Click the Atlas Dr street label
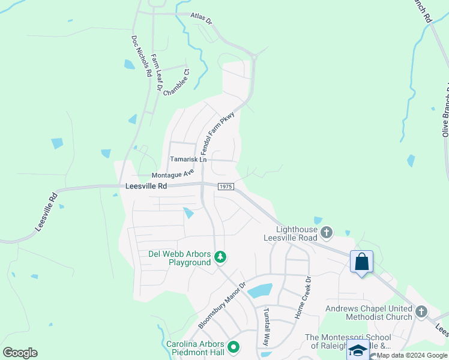[x=201, y=18]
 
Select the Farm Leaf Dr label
[x=156, y=73]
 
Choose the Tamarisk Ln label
[x=188, y=160]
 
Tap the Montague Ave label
[x=173, y=173]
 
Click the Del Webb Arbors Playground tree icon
[x=221, y=257]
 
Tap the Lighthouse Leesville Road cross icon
[x=327, y=232]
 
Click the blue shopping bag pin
[x=362, y=262]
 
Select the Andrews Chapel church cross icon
[x=421, y=311]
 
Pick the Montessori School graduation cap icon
[x=358, y=350]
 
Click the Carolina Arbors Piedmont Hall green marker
[x=234, y=347]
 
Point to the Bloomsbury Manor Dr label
[x=222, y=305]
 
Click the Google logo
[x=20, y=353]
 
